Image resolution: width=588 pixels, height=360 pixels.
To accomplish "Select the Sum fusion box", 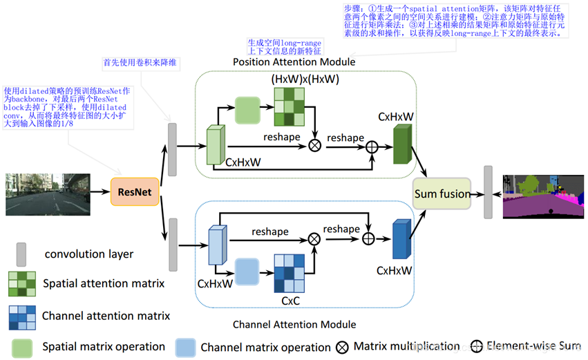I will (442, 193).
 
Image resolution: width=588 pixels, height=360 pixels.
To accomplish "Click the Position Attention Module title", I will (294, 62).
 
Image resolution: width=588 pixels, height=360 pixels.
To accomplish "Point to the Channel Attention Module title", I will (294, 324).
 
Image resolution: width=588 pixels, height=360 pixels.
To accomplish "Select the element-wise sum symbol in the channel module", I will (369, 238).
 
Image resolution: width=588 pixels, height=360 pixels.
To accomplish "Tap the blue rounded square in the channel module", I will (247, 272).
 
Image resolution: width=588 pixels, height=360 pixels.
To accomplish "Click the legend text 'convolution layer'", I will (89, 254).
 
